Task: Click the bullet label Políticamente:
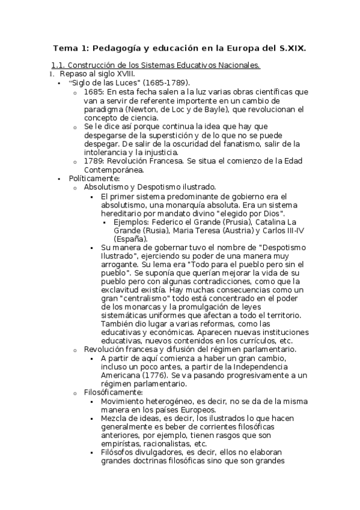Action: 94,179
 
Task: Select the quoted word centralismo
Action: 147,298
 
